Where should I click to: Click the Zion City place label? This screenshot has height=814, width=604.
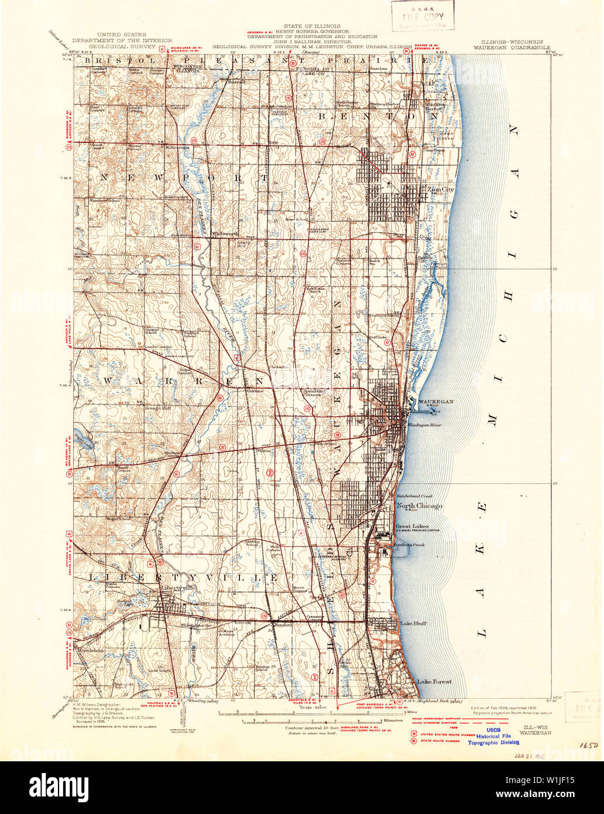(x=440, y=190)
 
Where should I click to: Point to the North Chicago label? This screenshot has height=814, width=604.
(x=419, y=505)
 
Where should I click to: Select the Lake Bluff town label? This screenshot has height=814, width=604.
(x=413, y=624)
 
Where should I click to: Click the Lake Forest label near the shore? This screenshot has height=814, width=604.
(x=434, y=682)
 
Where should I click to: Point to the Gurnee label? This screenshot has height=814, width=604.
(x=255, y=391)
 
